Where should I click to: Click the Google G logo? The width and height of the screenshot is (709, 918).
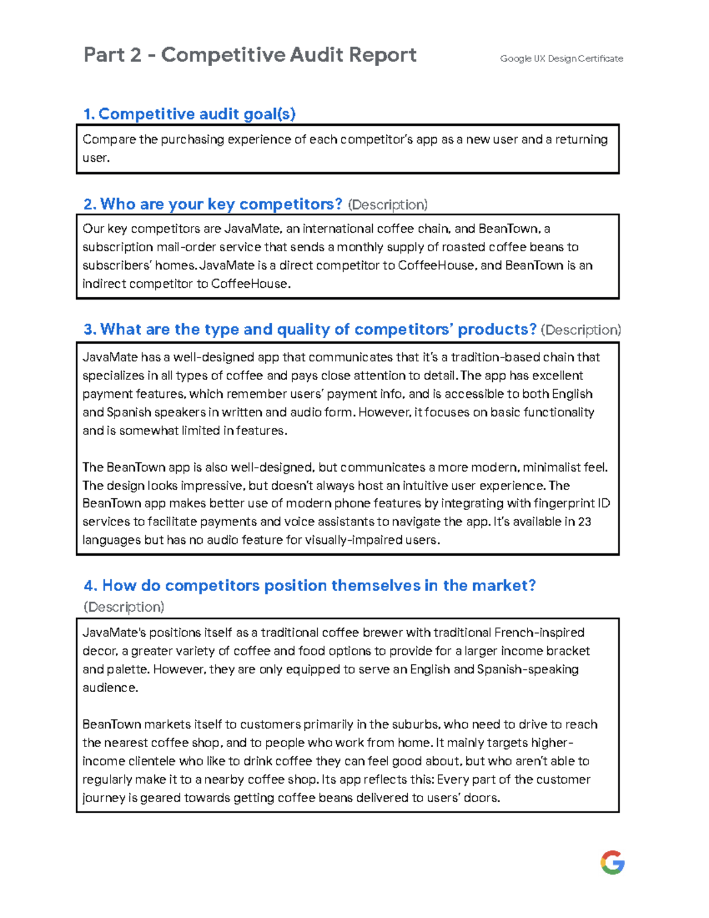(x=612, y=862)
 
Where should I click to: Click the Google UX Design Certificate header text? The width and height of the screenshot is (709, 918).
(x=561, y=59)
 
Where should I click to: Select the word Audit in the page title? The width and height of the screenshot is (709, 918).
(x=316, y=55)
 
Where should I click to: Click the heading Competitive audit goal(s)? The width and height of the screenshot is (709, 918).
(x=190, y=114)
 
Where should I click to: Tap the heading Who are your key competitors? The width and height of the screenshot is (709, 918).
(x=213, y=205)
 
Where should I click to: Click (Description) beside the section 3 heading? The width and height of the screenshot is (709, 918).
(x=581, y=330)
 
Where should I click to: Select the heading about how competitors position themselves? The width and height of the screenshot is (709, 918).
(x=310, y=586)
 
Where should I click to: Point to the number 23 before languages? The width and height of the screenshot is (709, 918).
(x=584, y=522)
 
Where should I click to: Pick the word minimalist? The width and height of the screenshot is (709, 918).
(x=551, y=468)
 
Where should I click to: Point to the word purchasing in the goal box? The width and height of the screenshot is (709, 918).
(x=193, y=140)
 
